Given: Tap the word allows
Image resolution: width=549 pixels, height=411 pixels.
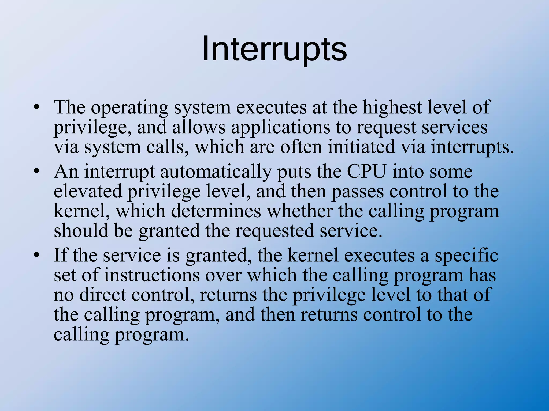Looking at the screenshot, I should coord(199,127).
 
